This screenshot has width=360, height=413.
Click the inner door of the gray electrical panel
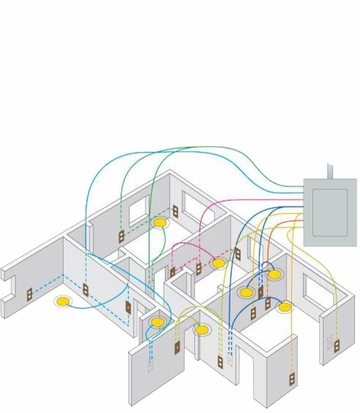330,213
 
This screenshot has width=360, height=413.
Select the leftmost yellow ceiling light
62,301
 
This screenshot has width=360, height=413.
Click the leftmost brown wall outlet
29,295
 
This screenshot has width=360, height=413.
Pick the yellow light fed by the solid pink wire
218,263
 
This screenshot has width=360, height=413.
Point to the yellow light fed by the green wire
160,223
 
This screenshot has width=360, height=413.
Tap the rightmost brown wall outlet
337,345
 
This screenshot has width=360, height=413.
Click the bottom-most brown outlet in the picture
291,379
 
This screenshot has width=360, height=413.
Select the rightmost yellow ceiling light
285,307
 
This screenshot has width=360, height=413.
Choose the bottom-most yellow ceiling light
202,330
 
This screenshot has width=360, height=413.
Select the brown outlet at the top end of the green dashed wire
175,211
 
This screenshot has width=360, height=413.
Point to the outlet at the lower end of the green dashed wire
121,237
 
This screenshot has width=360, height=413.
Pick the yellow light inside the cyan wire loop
157,322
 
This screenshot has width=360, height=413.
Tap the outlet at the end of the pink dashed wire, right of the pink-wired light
238,254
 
